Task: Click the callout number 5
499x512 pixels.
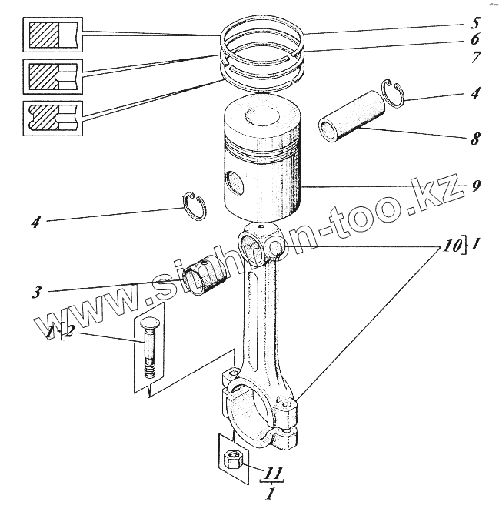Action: pos(474,23)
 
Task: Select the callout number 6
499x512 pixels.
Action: pos(475,38)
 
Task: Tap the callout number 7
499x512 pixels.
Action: pos(475,57)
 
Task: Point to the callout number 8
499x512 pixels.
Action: pos(475,139)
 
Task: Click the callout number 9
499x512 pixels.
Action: pos(475,186)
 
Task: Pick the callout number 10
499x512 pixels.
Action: pos(452,246)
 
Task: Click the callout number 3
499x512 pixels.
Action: pos(37,292)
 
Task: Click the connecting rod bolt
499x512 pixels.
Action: pos(148,348)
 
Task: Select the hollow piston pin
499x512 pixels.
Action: pos(352,116)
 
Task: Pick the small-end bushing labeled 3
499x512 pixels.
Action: pos(204,277)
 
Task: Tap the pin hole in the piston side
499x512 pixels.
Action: pos(235,184)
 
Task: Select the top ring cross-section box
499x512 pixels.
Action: pos(52,35)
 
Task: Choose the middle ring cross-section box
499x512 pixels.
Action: pos(52,77)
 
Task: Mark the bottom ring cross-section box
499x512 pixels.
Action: pos(52,119)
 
